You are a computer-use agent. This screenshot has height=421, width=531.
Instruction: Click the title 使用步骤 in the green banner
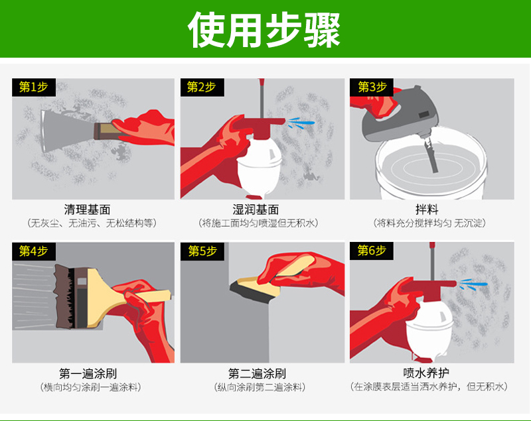(x=264, y=30)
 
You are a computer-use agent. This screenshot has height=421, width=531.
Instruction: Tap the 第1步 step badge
(x=34, y=88)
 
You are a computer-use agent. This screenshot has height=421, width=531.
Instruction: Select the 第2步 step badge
(x=202, y=88)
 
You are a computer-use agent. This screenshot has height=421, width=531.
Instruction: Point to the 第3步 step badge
(x=372, y=88)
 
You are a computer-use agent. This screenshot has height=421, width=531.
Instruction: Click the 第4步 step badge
(x=34, y=251)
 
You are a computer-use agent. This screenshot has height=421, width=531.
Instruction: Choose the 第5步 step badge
(x=202, y=251)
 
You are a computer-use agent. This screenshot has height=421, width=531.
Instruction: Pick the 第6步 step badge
(x=372, y=251)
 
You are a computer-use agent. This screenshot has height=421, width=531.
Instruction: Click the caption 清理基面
(x=87, y=210)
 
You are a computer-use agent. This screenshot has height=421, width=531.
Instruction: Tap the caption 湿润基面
(x=256, y=210)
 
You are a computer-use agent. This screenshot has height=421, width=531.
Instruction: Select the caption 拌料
(x=427, y=210)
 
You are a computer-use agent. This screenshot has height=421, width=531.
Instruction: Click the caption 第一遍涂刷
(x=88, y=374)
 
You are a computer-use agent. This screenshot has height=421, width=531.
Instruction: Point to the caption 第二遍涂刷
(x=257, y=374)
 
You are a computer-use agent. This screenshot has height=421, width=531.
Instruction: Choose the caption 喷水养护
(x=426, y=373)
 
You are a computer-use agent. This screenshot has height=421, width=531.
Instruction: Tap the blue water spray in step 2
(x=301, y=123)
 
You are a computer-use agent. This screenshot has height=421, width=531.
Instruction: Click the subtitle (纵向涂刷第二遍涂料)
(x=260, y=387)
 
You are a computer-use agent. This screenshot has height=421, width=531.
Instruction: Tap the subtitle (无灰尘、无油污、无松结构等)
(x=92, y=223)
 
